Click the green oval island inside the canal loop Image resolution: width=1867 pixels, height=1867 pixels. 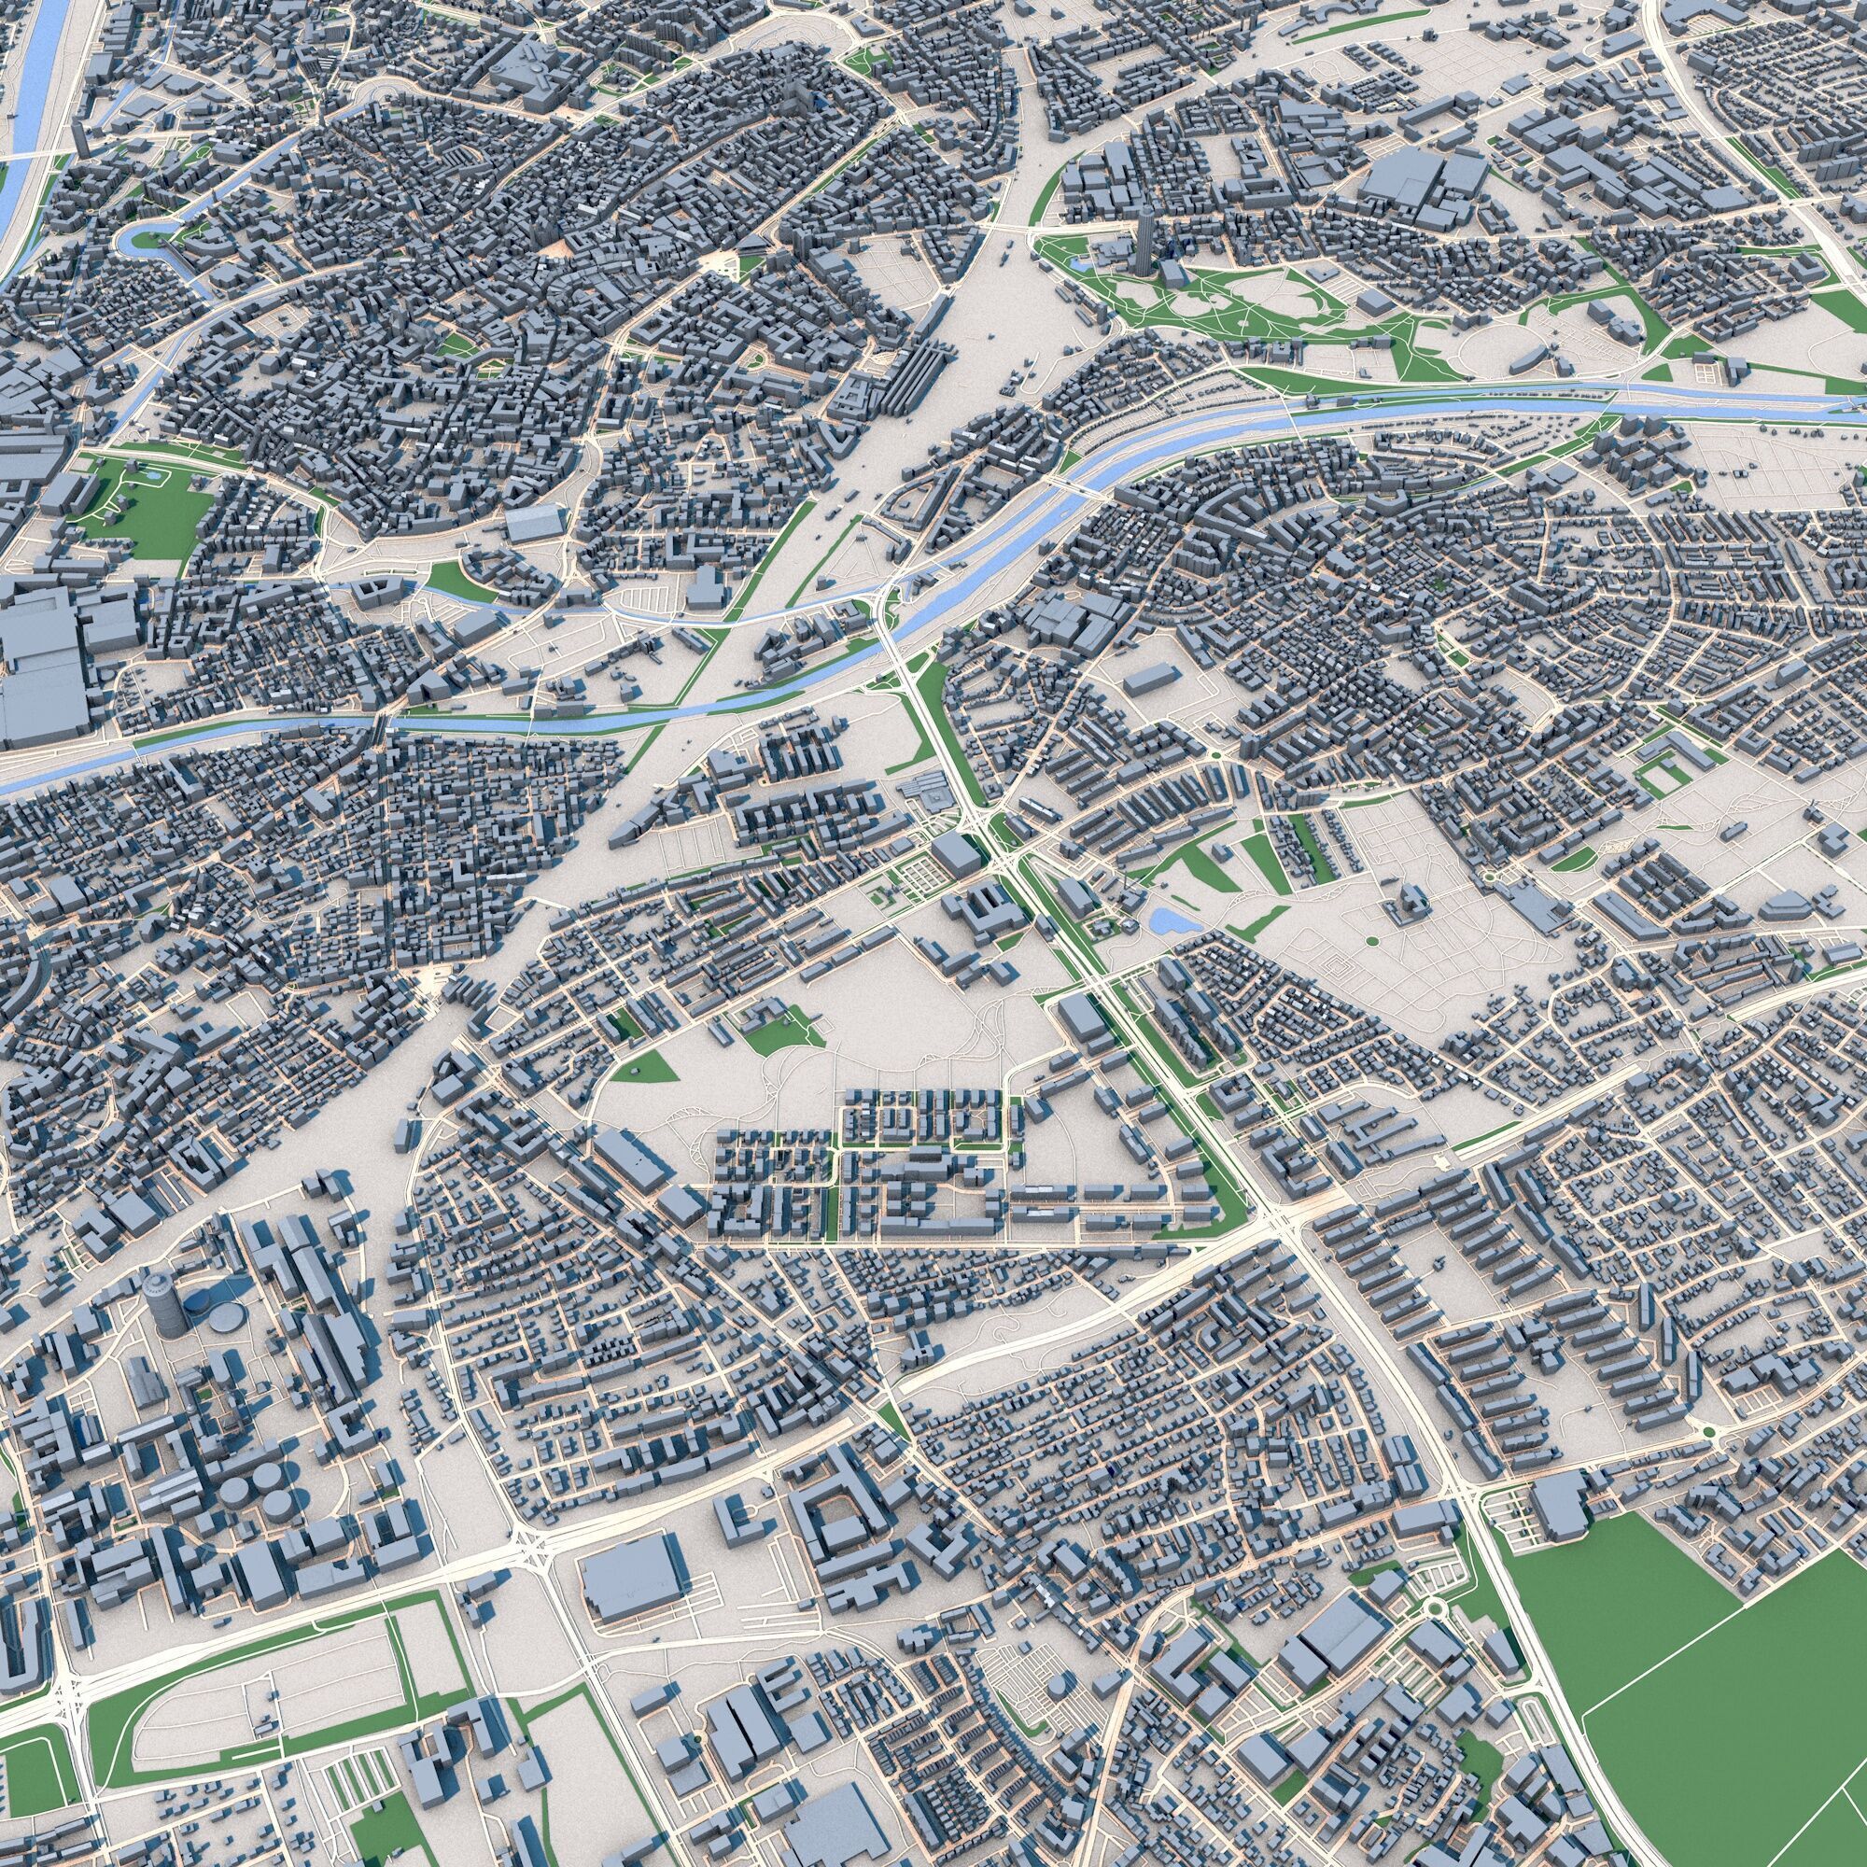[x=144, y=238]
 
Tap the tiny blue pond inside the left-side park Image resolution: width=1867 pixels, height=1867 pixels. [x=153, y=475]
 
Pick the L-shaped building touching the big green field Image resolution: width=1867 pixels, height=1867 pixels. [x=1558, y=1509]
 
